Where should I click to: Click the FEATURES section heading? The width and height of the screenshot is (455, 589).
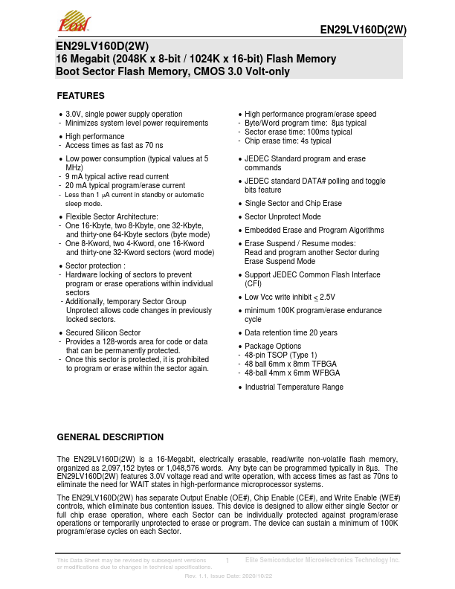click(x=81, y=96)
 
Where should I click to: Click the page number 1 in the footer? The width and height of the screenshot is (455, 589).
click(x=227, y=559)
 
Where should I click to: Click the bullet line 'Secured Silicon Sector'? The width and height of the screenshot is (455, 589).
click(x=103, y=332)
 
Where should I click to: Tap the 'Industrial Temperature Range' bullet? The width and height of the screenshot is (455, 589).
click(x=294, y=387)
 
